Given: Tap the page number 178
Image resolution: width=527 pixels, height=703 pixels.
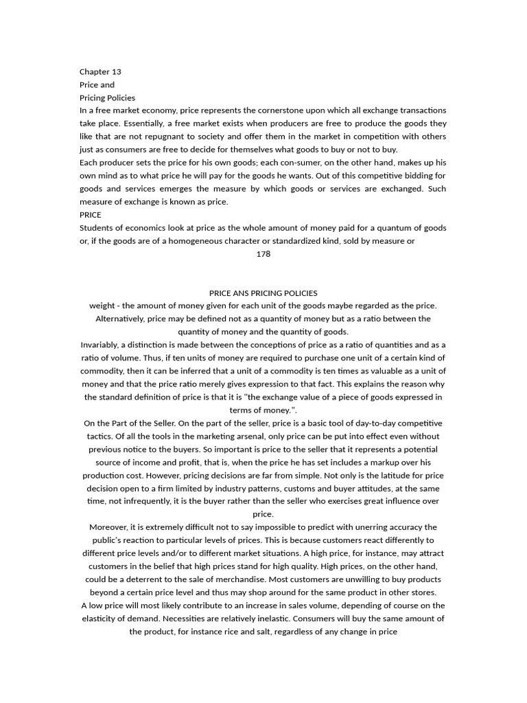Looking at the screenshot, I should (x=263, y=254).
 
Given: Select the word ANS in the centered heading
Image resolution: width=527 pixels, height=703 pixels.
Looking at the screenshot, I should (x=244, y=293).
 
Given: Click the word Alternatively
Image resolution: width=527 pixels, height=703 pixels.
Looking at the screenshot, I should (x=121, y=319).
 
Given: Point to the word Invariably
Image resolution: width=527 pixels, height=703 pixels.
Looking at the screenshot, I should (x=103, y=345).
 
